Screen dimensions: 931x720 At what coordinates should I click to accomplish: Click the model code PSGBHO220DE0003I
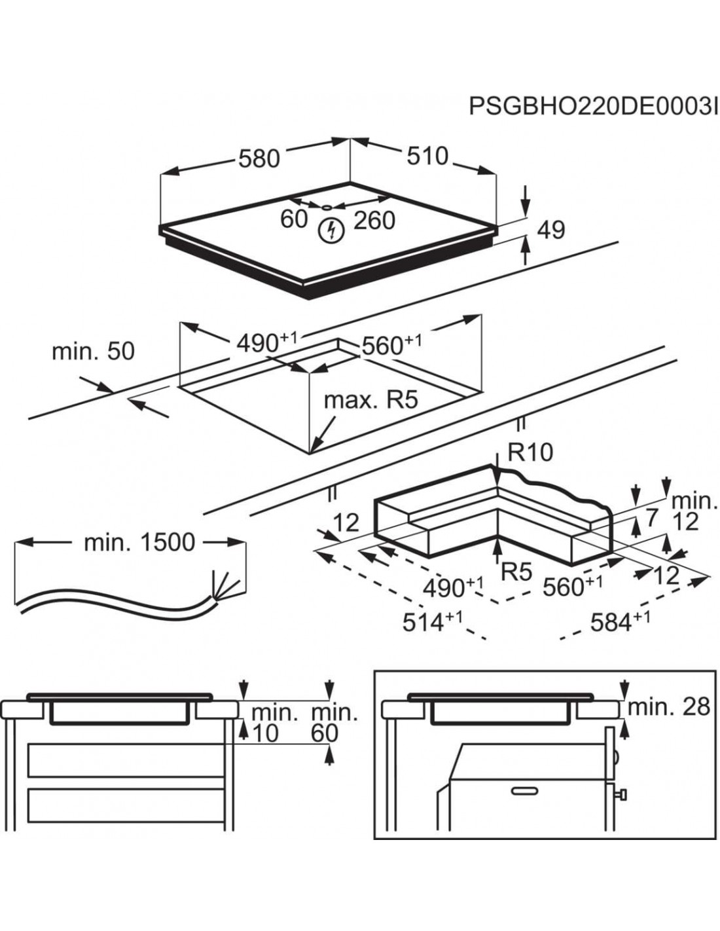(593, 107)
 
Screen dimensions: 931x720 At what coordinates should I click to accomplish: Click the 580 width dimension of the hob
(259, 158)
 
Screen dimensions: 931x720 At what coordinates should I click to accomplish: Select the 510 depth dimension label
(427, 156)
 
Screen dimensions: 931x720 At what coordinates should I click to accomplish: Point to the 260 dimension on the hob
(374, 221)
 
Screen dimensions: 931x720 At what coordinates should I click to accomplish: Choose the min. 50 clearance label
(93, 351)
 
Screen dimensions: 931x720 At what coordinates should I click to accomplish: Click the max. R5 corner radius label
(370, 399)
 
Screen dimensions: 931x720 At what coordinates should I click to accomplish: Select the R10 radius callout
(530, 452)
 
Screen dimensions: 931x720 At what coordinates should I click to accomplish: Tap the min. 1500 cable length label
(139, 542)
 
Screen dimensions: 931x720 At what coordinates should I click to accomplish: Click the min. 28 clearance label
(669, 706)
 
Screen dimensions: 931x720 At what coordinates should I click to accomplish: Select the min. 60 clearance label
(334, 723)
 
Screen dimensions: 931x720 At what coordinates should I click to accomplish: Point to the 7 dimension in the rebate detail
(651, 518)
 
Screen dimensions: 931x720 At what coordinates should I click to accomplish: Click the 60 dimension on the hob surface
(294, 219)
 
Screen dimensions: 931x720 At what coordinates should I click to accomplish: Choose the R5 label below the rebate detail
(516, 572)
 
